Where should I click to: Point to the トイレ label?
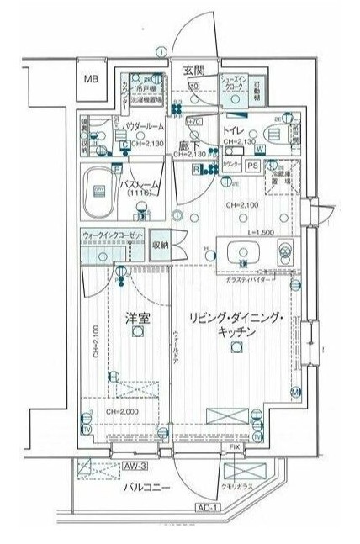pyautogui.click(x=234, y=131)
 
